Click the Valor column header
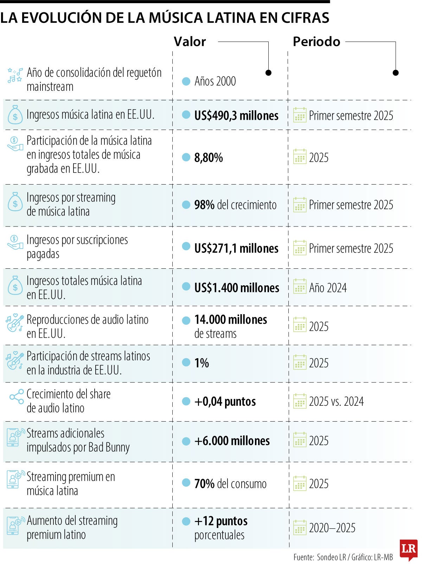[190, 42]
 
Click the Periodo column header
[316, 42]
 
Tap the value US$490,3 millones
[236, 116]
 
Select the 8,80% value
[209, 157]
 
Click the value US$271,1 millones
[236, 248]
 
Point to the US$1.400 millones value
[237, 288]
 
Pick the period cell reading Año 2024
[328, 288]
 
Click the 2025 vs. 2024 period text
[336, 402]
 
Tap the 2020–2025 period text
[332, 528]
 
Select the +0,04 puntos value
[225, 402]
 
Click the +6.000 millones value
[232, 441]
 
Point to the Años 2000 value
[215, 81]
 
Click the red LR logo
[408, 549]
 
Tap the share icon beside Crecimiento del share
[17, 397]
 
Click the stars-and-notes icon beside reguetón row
[15, 75]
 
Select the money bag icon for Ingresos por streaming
[15, 202]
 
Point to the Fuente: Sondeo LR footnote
[343, 557]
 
